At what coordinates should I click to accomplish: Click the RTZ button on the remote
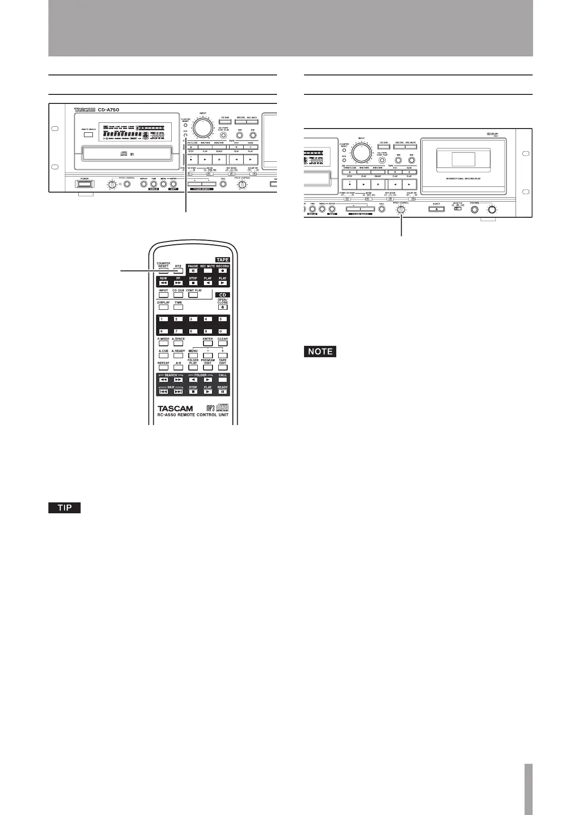click(178, 271)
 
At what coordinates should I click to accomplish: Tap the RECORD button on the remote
click(222, 271)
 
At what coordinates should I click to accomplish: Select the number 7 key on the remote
click(178, 331)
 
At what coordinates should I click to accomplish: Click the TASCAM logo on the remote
click(175, 408)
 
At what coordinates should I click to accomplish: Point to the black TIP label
click(65, 508)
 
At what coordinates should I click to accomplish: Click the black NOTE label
click(320, 352)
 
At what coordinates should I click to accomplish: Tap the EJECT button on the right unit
click(436, 209)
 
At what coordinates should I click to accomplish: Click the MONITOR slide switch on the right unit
click(458, 209)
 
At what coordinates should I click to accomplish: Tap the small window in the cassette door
click(463, 159)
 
